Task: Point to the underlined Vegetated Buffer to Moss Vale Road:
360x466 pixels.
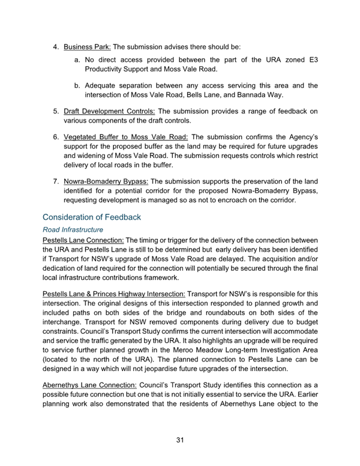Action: (x=125, y=136)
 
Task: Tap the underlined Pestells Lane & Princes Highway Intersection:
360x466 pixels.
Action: (x=114, y=294)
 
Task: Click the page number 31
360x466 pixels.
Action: (x=179, y=440)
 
